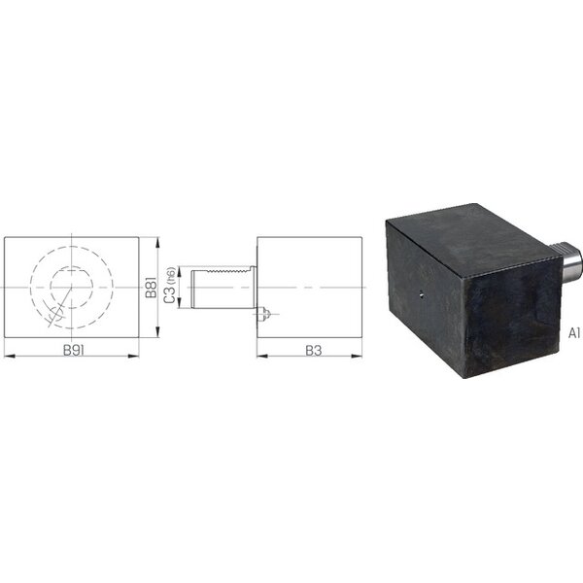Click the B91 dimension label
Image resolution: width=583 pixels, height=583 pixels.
coord(73,350)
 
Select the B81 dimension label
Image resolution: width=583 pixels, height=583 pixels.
coord(152,288)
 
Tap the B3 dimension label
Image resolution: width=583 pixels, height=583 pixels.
coord(314,350)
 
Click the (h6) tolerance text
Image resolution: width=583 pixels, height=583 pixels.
coord(171,276)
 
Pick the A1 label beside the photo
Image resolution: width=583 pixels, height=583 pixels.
coord(574,333)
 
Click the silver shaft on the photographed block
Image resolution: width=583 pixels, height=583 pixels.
coord(566,261)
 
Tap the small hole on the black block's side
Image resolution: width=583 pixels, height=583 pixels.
coord(421,295)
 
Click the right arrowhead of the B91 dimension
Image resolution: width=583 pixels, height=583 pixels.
coord(133,356)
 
